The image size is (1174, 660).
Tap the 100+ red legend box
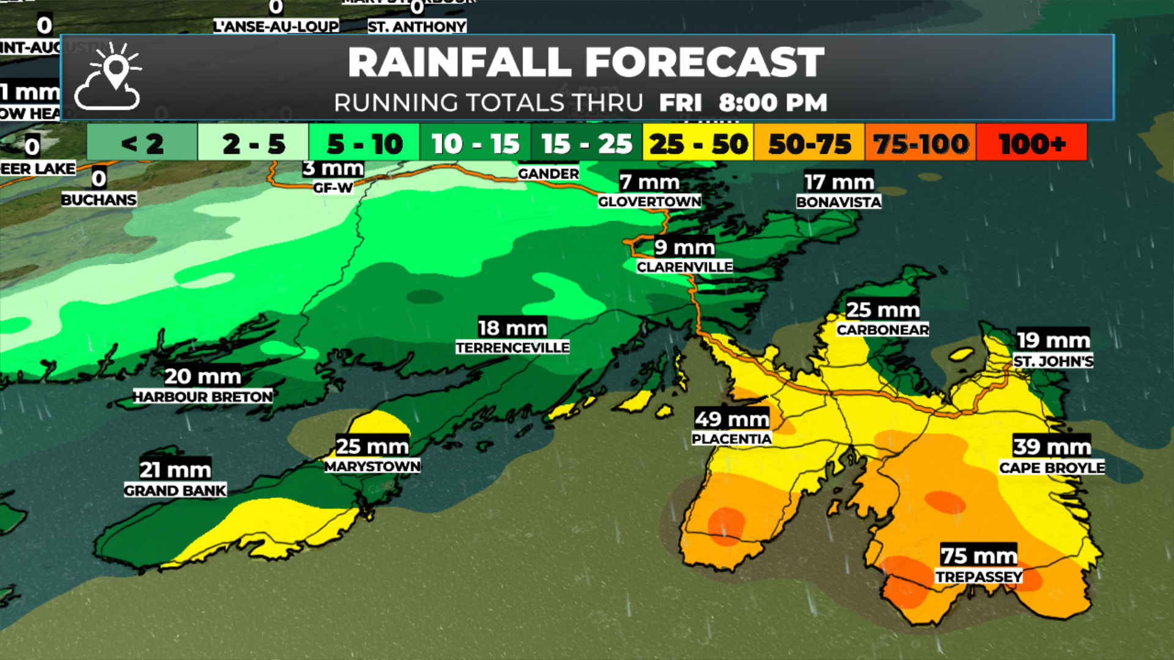click(1032, 144)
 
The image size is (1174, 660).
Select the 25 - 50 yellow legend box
click(698, 144)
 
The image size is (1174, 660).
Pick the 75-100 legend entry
click(920, 144)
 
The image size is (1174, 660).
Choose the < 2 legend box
click(142, 144)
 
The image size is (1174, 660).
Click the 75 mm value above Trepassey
click(978, 555)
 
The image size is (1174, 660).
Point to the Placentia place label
click(731, 439)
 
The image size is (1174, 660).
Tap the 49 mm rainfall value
click(731, 419)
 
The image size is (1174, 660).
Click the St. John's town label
click(1053, 361)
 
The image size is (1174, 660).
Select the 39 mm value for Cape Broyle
click(1052, 447)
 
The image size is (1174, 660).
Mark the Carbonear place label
click(882, 329)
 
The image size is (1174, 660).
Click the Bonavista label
click(838, 202)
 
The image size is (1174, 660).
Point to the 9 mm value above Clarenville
click(684, 247)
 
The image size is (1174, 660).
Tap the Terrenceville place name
click(512, 347)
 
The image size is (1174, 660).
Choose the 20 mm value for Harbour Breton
click(202, 376)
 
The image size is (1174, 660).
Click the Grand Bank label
click(175, 490)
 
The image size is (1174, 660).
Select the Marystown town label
click(372, 466)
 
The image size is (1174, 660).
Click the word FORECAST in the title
click(704, 62)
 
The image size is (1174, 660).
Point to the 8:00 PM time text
click(773, 103)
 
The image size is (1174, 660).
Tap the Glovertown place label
click(649, 201)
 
